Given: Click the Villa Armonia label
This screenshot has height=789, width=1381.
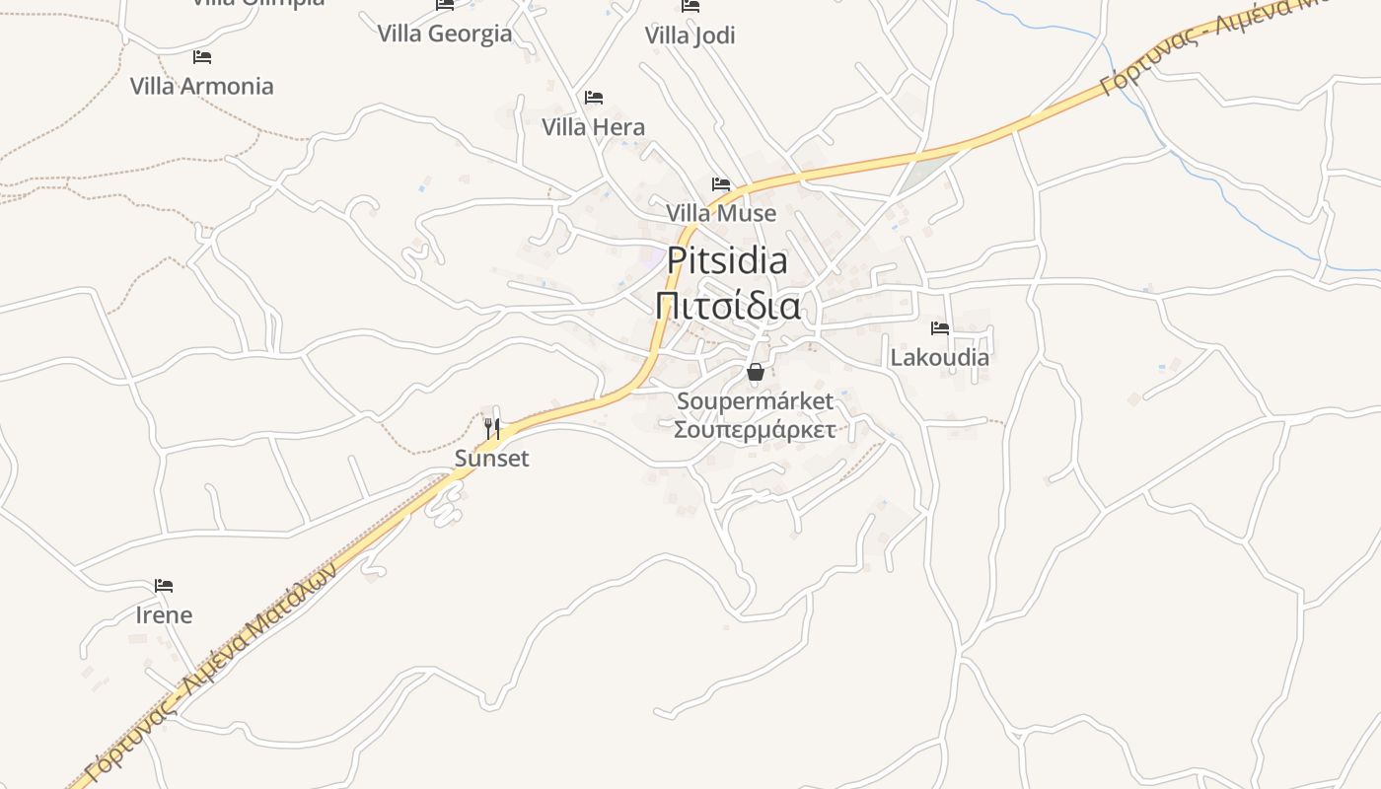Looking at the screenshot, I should (x=201, y=86).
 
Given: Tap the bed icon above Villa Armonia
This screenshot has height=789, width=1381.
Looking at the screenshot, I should (x=202, y=56).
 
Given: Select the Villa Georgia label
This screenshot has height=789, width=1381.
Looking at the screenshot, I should (x=444, y=34).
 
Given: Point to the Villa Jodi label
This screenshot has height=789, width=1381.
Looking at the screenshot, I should (x=690, y=36).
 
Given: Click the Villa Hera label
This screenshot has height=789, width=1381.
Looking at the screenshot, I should (x=593, y=127).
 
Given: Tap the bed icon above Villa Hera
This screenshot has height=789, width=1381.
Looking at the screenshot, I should (x=593, y=97).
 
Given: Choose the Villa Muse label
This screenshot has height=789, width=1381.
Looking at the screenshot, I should (x=720, y=213).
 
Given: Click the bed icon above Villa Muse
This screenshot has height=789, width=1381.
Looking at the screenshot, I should (x=721, y=183).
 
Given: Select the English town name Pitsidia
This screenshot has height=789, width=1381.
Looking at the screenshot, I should (x=727, y=260).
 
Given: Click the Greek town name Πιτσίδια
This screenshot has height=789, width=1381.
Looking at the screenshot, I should (x=727, y=306).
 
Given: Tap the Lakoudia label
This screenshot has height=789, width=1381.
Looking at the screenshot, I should (x=939, y=357).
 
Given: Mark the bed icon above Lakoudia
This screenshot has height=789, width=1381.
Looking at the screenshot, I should (x=939, y=327).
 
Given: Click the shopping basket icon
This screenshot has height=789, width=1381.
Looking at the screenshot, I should (x=755, y=372).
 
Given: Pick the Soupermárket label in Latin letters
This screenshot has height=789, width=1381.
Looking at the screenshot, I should (x=755, y=401).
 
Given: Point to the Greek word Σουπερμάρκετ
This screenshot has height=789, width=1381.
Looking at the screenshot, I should (x=755, y=429).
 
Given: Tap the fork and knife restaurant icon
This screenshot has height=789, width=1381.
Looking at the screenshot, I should (x=492, y=428).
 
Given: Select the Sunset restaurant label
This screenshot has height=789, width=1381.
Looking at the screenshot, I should (x=491, y=459).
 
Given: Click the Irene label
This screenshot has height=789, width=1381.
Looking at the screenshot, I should (x=164, y=615).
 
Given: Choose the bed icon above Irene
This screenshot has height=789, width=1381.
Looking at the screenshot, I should (x=164, y=586).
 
